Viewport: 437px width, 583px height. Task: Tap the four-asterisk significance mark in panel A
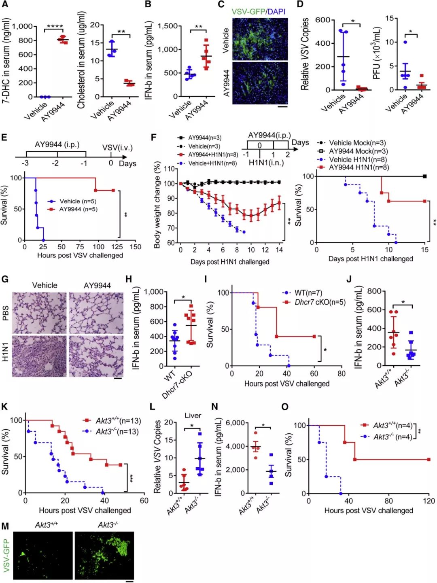click(55, 27)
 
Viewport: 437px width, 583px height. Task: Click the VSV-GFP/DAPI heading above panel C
click(258, 11)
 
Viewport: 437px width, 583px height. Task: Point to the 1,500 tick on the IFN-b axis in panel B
click(168, 26)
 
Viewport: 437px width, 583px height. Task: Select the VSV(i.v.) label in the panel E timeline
click(117, 148)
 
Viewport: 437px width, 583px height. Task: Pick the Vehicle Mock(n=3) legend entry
click(352, 143)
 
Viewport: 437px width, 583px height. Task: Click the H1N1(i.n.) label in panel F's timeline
click(266, 163)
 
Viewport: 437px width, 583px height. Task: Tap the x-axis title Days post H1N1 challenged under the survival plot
click(371, 259)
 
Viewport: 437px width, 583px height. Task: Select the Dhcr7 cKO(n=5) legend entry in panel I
click(315, 302)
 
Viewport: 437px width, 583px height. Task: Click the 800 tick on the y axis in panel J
click(375, 291)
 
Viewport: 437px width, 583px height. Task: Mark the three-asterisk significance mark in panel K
click(132, 479)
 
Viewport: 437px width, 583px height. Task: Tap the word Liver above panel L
click(193, 416)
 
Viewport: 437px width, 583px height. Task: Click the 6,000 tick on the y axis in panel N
click(235, 423)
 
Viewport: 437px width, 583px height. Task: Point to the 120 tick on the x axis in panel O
click(429, 501)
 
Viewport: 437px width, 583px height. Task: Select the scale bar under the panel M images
click(129, 581)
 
